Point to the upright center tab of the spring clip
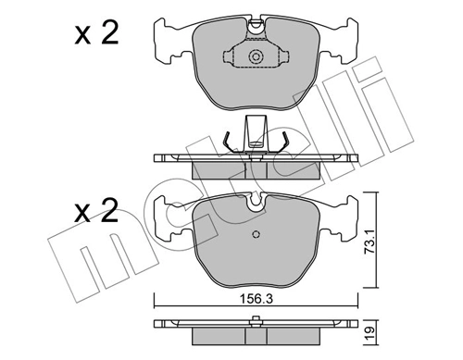(x=255, y=132)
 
